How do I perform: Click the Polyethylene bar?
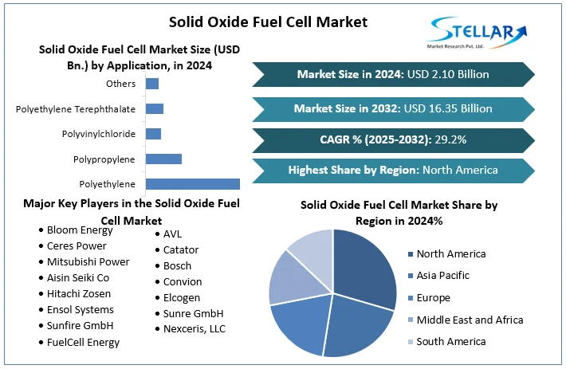[x=192, y=183]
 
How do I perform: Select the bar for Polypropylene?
[x=163, y=159]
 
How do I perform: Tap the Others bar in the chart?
[x=152, y=84]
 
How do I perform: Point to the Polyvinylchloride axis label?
[x=98, y=134]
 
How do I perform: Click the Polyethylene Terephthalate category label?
[x=76, y=108]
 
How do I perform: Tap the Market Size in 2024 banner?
[x=393, y=74]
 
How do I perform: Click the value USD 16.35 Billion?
[x=453, y=108]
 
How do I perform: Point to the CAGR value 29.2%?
[x=450, y=139]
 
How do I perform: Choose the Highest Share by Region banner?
[x=393, y=170]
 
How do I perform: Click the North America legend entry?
[x=450, y=253]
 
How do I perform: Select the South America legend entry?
[x=450, y=341]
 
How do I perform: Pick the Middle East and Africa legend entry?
[x=470, y=320]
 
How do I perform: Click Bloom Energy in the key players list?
[x=80, y=230]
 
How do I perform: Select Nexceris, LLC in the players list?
[x=195, y=328]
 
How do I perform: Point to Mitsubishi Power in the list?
[x=88, y=261]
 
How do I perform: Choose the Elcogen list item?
[x=183, y=297]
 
